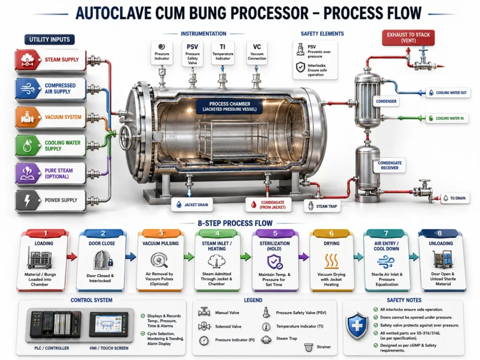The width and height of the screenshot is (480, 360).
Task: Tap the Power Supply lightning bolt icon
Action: click(x=28, y=201)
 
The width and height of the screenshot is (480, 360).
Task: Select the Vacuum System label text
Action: click(x=63, y=117)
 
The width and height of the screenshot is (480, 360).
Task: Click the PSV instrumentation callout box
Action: click(x=192, y=54)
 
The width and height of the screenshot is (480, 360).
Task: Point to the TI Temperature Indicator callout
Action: click(x=223, y=53)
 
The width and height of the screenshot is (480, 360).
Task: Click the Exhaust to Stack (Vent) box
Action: click(x=408, y=37)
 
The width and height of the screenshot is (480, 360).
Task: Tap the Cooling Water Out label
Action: click(x=448, y=92)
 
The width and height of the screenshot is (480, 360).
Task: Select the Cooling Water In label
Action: click(x=447, y=118)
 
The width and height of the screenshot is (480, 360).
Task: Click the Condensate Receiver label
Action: click(x=390, y=165)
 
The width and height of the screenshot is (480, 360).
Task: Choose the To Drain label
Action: click(x=455, y=198)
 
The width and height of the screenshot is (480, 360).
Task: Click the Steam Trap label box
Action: click(x=322, y=206)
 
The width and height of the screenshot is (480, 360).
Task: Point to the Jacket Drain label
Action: click(x=192, y=205)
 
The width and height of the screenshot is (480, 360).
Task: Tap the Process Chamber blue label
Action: click(x=230, y=106)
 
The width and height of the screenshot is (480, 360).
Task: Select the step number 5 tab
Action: click(x=275, y=233)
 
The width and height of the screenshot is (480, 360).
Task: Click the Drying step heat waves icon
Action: click(x=331, y=261)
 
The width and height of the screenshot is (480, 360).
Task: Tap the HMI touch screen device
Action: click(x=109, y=324)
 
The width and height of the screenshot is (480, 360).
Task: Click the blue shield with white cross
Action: click(x=357, y=326)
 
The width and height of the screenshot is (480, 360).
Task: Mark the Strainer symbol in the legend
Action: click(x=308, y=347)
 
